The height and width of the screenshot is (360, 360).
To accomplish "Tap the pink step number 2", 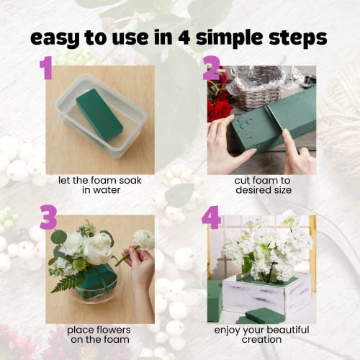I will [x=211, y=68].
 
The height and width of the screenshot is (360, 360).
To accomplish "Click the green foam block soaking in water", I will [x=99, y=113].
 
